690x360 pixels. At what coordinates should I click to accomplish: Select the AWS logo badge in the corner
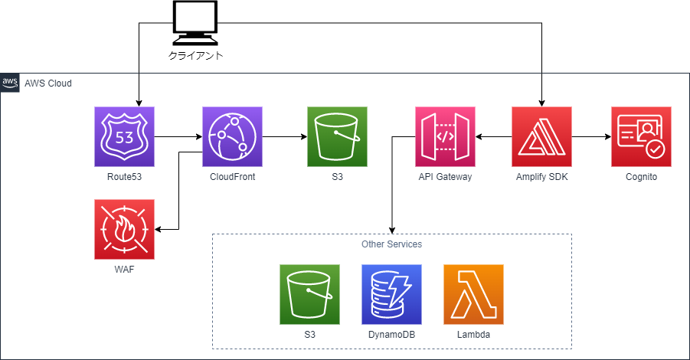point(10,83)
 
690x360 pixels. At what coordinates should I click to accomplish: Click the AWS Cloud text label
point(48,83)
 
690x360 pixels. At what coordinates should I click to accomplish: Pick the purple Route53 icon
point(124,137)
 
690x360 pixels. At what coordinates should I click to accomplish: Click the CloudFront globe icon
point(232,137)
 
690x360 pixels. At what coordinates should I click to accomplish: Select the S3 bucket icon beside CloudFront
point(337,137)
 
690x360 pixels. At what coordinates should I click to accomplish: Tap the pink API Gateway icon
point(445,137)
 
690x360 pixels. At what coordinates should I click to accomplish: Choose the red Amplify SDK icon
point(541,137)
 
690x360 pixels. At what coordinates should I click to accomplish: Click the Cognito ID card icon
point(641,137)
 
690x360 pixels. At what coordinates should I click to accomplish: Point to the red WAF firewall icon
point(124,229)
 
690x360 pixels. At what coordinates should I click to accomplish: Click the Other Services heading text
point(391,244)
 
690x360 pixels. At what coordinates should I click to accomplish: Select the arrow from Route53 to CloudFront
point(178,138)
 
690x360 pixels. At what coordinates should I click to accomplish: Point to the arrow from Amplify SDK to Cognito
point(591,138)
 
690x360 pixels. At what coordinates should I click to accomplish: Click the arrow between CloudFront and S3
point(284,138)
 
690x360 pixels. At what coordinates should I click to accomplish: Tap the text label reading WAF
point(124,269)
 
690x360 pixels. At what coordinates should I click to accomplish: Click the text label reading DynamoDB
point(391,335)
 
